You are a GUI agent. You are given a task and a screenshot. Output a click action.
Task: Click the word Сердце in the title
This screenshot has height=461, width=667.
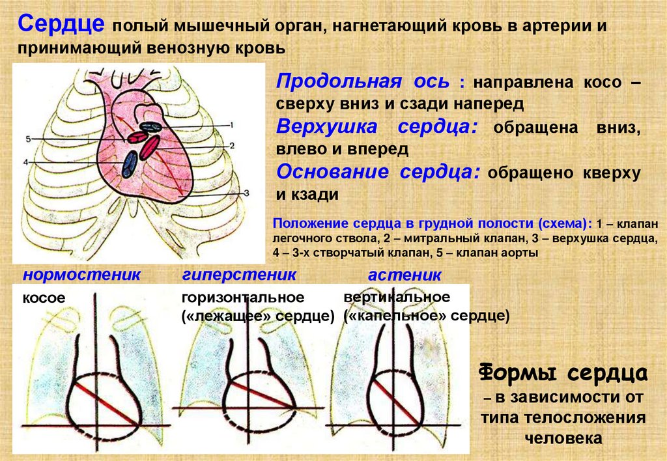(x=61, y=25)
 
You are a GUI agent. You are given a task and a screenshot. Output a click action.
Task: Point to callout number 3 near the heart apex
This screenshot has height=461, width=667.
(x=247, y=193)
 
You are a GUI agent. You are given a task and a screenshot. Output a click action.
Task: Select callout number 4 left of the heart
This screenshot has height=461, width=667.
(x=25, y=161)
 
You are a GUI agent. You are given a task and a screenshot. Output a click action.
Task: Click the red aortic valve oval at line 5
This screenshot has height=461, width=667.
(x=137, y=137)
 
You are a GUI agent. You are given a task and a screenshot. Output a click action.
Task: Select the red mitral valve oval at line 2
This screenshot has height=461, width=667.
(x=149, y=147)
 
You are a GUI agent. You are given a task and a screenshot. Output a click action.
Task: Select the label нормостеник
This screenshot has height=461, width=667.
(x=81, y=274)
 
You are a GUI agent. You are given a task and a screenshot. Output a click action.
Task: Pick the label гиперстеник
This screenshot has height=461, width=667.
(x=239, y=274)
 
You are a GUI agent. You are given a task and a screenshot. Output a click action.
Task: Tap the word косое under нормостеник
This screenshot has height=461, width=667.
(x=44, y=298)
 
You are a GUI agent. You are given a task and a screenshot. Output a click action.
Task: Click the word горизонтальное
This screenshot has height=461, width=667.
(x=243, y=298)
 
